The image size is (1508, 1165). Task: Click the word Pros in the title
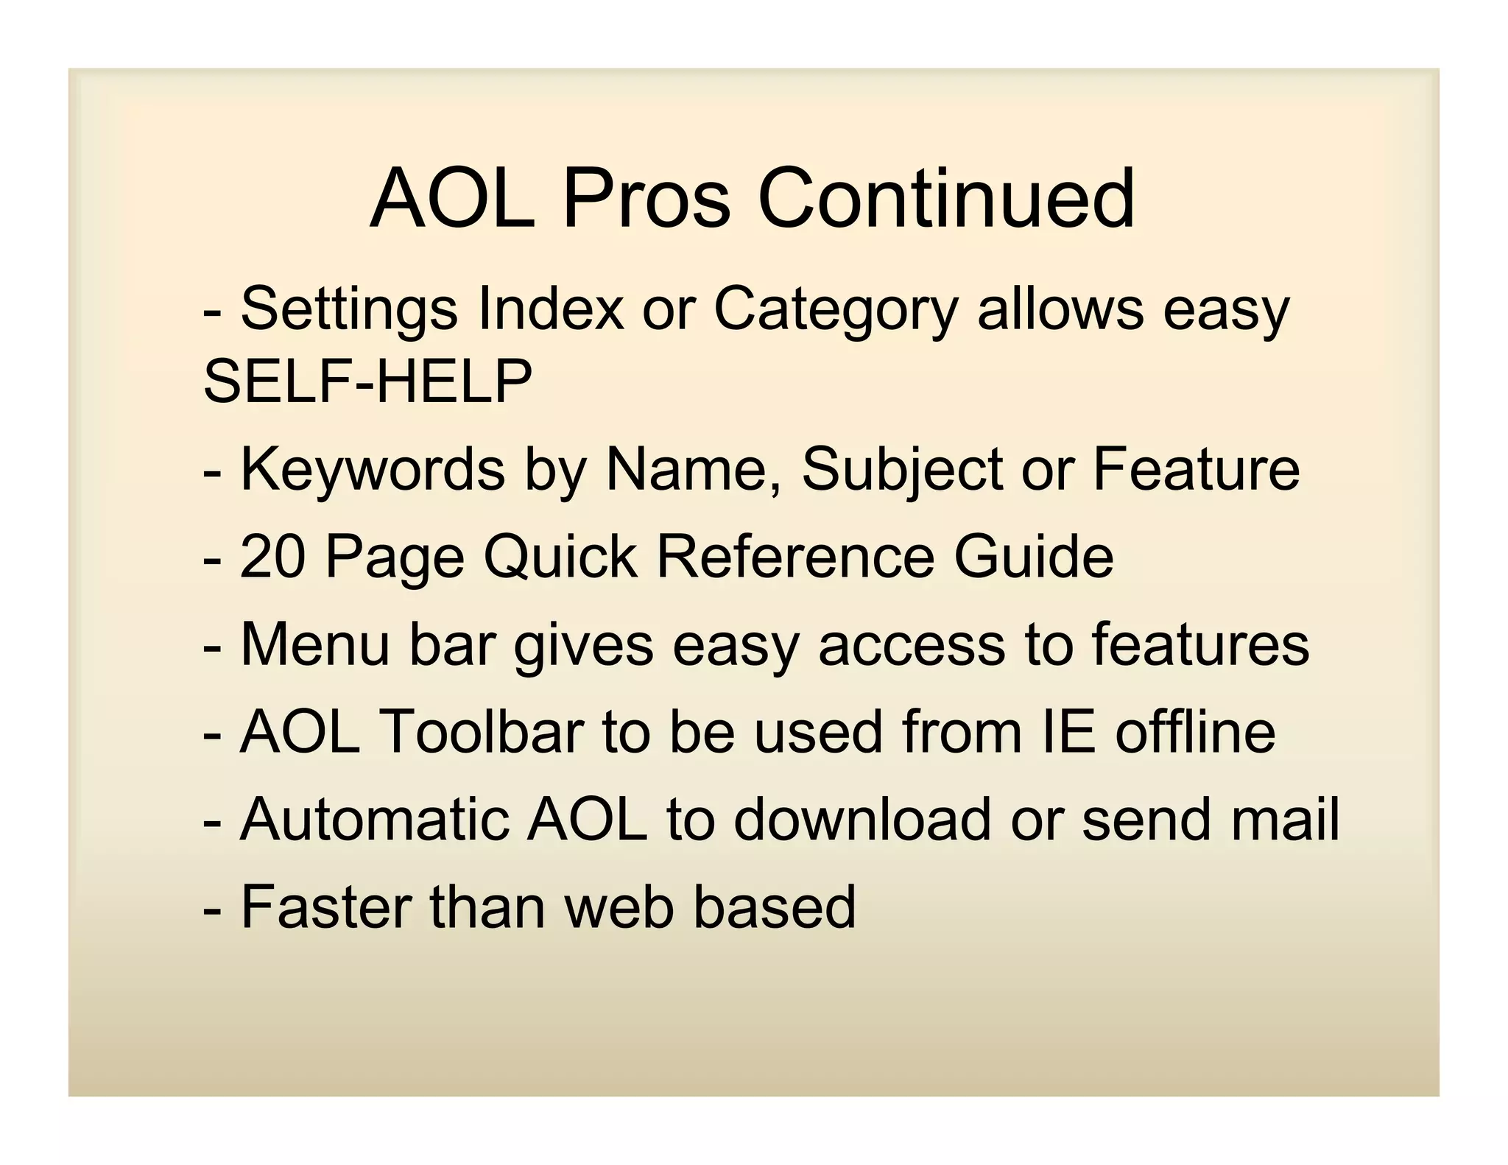coord(646,199)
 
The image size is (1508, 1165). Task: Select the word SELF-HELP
coord(367,381)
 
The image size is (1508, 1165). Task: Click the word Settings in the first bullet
coord(349,309)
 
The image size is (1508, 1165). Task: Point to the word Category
coord(836,309)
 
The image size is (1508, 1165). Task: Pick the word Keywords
coord(373,469)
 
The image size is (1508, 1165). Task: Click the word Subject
coord(902,469)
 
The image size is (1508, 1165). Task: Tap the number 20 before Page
coord(273,556)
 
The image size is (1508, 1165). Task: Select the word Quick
coord(560,556)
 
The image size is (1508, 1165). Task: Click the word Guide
coord(1033,556)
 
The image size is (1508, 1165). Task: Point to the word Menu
coord(314,644)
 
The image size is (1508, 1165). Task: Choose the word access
coord(912,644)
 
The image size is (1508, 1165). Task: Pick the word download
coord(862,819)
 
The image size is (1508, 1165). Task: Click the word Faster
coord(325,907)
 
